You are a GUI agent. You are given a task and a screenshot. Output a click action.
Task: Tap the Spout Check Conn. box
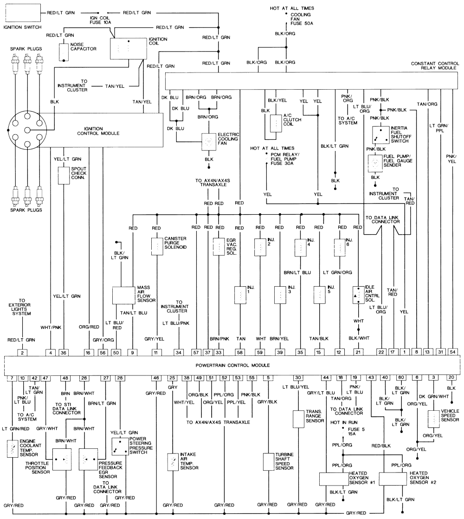63,176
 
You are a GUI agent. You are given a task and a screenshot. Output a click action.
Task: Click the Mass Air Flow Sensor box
123,295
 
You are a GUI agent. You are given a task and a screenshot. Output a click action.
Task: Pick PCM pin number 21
358,352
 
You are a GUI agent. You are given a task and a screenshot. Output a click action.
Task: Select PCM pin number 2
22,352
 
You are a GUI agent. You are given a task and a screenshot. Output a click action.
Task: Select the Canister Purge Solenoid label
175,243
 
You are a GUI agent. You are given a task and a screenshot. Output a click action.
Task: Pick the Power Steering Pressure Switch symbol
120,446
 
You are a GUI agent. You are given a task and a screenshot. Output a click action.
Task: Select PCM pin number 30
298,378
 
